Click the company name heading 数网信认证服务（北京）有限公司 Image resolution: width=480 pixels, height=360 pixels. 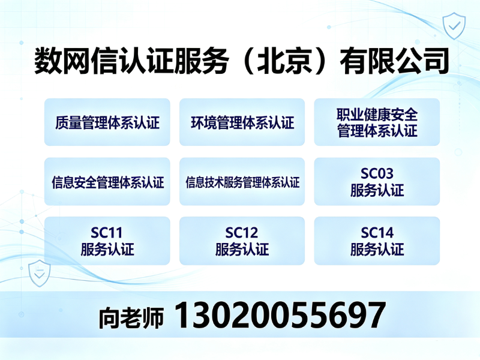coord(241,61)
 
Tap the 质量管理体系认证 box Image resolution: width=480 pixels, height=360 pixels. coord(107,122)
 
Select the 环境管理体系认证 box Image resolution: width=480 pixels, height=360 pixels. coord(242,122)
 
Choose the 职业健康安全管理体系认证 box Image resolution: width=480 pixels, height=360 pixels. coord(377,122)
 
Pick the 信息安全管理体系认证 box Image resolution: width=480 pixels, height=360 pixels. coord(107,182)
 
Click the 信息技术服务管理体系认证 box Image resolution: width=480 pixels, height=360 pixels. coord(242,182)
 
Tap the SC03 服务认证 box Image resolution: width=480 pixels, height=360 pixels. coord(377,182)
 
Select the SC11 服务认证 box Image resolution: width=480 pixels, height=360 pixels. coord(107,241)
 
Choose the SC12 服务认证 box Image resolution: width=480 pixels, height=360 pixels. coord(242,241)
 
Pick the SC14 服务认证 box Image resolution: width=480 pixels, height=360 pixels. coord(377,241)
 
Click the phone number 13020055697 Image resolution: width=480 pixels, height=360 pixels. coord(280,315)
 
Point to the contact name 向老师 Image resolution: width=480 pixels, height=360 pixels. coord(131,318)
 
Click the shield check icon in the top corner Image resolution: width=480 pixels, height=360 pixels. coord(454,26)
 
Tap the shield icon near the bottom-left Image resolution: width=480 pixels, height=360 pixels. coord(39,273)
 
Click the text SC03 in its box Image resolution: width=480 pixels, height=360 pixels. coord(377,173)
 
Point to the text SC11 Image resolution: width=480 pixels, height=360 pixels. coord(107,233)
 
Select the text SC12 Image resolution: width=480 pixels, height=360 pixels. coord(242,233)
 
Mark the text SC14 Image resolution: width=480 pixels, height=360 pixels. coord(377,233)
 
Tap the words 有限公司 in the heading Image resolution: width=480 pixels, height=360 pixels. coord(395,61)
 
